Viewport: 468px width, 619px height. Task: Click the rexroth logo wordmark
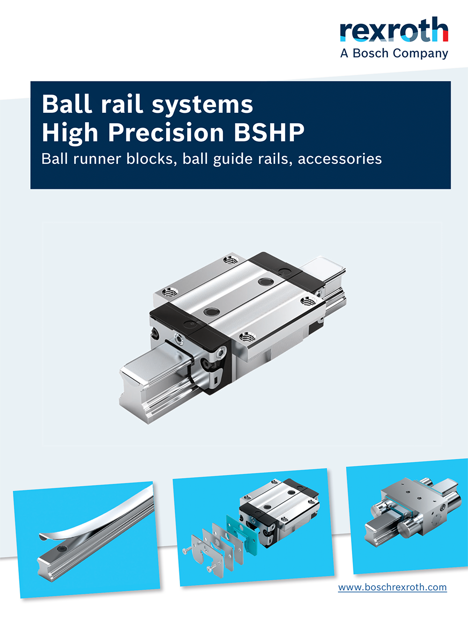pyautogui.click(x=394, y=30)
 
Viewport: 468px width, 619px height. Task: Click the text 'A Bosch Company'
pyautogui.click(x=394, y=53)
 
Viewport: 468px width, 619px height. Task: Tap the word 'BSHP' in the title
pyautogui.click(x=269, y=133)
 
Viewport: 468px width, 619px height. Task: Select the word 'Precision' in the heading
pyautogui.click(x=166, y=133)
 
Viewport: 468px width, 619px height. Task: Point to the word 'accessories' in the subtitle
pyautogui.click(x=340, y=159)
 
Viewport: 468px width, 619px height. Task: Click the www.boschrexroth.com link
pyautogui.click(x=392, y=587)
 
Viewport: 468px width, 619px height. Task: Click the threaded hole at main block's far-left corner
pyautogui.click(x=168, y=293)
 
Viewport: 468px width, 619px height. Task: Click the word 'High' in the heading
pyautogui.click(x=70, y=133)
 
